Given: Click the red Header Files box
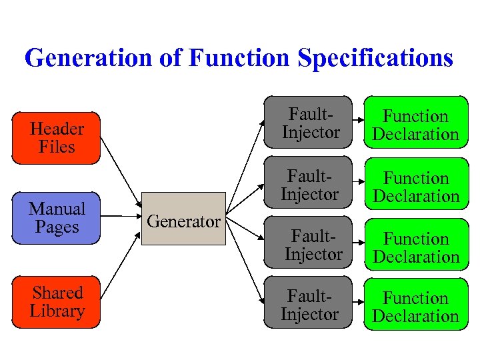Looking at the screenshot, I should [56, 138].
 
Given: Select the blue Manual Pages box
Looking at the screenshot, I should [56, 218].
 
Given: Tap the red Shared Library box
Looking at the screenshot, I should [56, 302].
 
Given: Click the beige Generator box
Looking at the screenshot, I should [183, 219].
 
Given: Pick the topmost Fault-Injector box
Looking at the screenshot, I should [309, 123].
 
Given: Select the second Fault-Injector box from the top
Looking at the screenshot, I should [309, 185].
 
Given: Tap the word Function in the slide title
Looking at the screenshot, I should [241, 58].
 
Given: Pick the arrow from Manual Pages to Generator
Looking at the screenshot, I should [121, 216].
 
